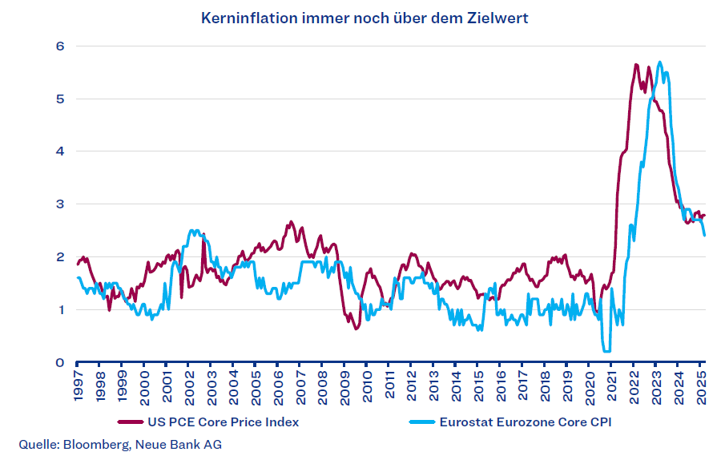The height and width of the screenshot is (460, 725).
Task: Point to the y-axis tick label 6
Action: [x=59, y=46]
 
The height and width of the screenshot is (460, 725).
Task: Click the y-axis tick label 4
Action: [x=59, y=151]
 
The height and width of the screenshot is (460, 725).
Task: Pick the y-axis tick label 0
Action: [x=59, y=362]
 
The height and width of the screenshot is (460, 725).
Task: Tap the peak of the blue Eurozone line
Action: [x=659, y=62]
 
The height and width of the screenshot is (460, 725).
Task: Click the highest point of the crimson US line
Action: [x=635, y=64]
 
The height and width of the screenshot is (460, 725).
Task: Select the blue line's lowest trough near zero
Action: [x=606, y=350]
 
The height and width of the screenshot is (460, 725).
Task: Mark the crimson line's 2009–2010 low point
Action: [x=356, y=329]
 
